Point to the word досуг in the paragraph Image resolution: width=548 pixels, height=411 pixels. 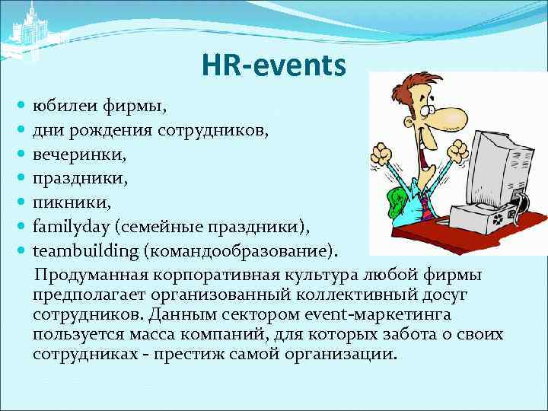[x=446, y=294]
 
